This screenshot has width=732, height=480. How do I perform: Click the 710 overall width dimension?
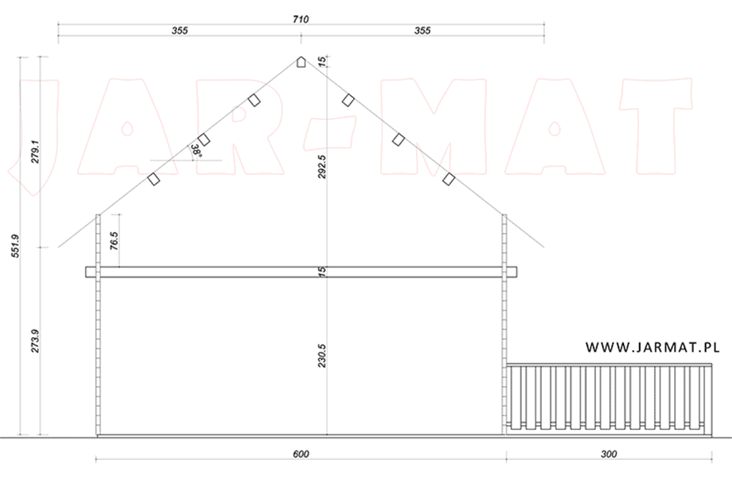tap(301, 19)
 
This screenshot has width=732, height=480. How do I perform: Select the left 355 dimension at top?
tap(179, 30)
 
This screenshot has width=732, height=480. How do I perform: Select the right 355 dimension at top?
tap(422, 30)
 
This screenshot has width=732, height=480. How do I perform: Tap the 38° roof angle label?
tap(195, 151)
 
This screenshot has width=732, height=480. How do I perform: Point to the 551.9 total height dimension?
tap(16, 246)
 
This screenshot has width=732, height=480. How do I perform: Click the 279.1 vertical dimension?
tap(36, 151)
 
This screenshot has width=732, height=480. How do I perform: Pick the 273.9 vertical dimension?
tap(36, 341)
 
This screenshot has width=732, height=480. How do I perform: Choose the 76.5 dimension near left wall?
tap(114, 241)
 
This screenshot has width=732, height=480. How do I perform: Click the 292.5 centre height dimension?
tap(322, 167)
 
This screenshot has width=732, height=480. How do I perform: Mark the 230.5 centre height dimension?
tap(322, 356)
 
